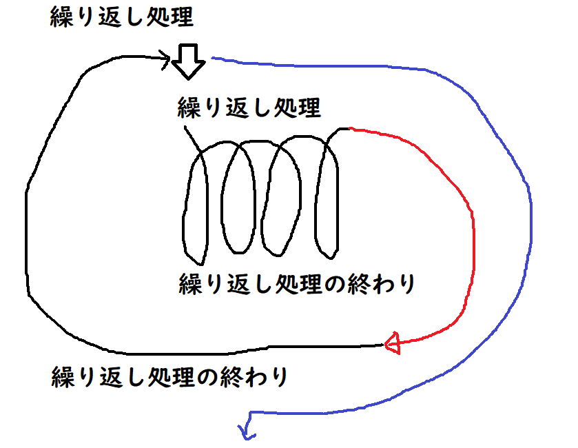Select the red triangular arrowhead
point(391,343)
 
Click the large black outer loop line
point(29,207)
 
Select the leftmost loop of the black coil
point(196,207)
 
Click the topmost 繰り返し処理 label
point(121,18)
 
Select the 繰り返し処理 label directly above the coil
point(249,109)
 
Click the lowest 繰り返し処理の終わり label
point(169,377)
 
